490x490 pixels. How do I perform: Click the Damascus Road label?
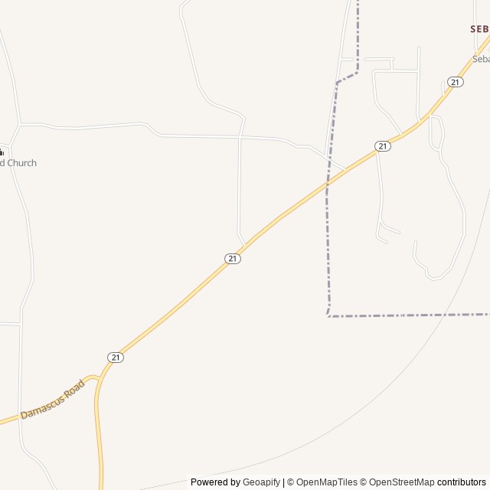pos(52,400)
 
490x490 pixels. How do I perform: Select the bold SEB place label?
pos(479,28)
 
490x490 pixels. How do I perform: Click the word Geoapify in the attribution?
pos(262,482)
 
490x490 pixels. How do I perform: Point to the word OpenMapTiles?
pos(326,482)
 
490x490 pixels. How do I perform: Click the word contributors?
pos(462,482)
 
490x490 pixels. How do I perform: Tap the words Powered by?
pos(215,482)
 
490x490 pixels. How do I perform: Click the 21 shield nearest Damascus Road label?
pos(116,358)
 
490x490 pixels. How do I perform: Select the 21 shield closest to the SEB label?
pos(456,82)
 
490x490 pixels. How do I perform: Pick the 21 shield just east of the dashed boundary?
pos(383,146)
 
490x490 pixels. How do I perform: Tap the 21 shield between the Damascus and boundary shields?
pos(233,259)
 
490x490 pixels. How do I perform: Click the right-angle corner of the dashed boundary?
pos(328,315)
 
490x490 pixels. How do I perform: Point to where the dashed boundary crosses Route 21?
pos(328,184)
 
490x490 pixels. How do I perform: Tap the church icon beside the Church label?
pos(2,152)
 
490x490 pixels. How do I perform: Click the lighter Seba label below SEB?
pos(481,59)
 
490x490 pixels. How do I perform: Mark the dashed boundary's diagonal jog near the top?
pos(347,78)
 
